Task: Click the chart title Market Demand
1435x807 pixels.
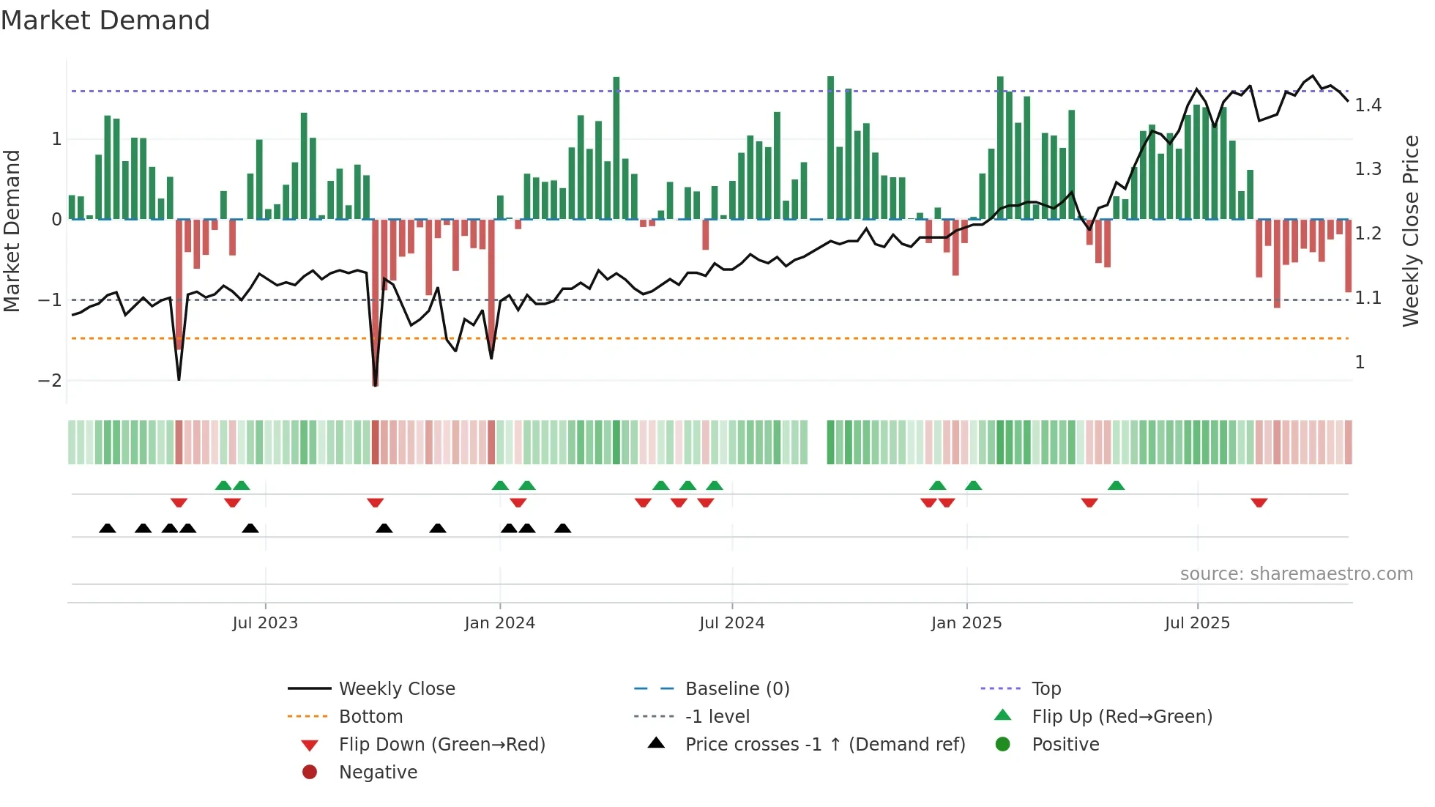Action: (105, 21)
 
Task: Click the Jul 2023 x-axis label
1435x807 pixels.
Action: (265, 623)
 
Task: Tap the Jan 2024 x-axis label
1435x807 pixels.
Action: (500, 623)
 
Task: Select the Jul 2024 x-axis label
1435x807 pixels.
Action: (732, 623)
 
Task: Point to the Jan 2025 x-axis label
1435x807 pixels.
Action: (966, 623)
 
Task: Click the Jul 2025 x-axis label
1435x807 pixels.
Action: (1198, 623)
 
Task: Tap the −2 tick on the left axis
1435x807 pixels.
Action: (50, 381)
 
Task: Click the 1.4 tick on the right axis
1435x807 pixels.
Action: (1368, 105)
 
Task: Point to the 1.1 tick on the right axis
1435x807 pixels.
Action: (1368, 298)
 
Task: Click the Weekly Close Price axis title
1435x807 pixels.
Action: (1411, 231)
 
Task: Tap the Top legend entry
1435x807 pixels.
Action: (1046, 689)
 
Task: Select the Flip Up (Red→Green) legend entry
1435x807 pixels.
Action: (1122, 717)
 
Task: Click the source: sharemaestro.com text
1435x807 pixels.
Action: (1296, 574)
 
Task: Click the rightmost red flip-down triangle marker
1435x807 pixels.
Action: (1259, 502)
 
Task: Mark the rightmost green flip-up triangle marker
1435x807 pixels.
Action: (1116, 486)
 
